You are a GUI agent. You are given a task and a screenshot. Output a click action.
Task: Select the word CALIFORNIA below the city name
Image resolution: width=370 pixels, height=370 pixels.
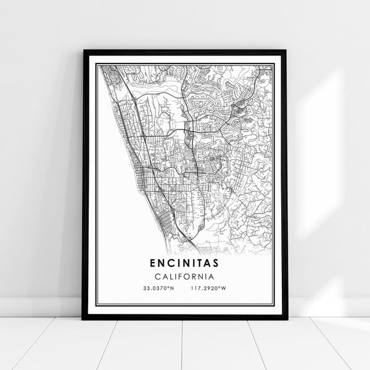[x=186, y=275]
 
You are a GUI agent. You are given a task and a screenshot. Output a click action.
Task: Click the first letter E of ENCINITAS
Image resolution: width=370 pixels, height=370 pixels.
[x=152, y=263]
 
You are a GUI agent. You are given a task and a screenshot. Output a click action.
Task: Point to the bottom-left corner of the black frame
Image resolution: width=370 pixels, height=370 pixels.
[x=83, y=319]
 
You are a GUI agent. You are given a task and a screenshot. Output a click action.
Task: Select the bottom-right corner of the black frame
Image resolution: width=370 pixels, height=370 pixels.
[x=287, y=319]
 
